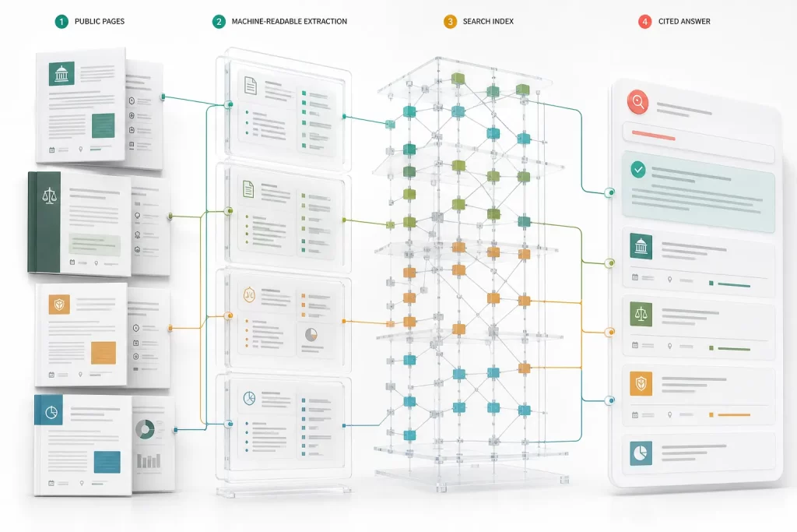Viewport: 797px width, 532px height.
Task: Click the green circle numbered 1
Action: tap(61, 21)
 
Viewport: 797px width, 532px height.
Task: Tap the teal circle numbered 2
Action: tap(219, 21)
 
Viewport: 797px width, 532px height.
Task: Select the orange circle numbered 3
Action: tap(450, 21)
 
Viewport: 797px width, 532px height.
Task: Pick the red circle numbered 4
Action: tap(645, 21)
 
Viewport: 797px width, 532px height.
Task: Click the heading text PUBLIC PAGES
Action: tap(100, 21)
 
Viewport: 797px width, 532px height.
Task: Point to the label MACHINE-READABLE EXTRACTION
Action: tap(290, 21)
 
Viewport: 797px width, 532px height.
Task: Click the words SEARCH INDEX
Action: tap(488, 21)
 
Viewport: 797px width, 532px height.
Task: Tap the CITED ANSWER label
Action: tap(684, 21)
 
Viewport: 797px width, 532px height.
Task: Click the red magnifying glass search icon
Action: tap(638, 102)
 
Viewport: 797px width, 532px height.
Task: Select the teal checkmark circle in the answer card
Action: tap(638, 169)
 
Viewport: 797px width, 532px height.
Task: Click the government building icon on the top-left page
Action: tap(61, 74)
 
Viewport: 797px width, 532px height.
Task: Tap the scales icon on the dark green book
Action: tap(49, 196)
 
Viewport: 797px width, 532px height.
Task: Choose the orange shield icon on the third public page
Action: tap(59, 305)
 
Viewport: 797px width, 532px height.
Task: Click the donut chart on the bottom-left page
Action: tap(145, 429)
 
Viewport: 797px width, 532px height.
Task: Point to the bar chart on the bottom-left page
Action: tap(149, 460)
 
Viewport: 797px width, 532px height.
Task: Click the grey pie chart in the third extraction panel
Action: tap(311, 334)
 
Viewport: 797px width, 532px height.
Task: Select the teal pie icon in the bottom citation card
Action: tap(641, 453)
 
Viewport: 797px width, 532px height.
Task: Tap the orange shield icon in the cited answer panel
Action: tap(641, 383)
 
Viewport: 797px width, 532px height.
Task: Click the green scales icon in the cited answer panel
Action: tap(641, 314)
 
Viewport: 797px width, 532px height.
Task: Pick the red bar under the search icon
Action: tap(653, 136)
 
